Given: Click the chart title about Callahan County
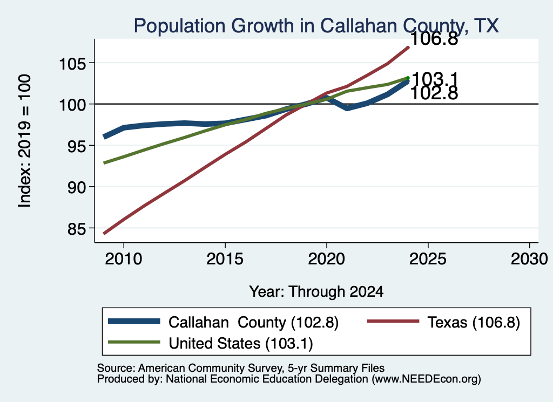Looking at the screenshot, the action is (x=316, y=26).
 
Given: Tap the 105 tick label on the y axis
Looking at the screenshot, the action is (x=72, y=64).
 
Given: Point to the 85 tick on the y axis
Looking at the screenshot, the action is (x=77, y=229).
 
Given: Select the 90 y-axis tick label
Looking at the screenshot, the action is (x=77, y=188).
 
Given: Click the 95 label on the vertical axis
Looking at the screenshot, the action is (x=77, y=147).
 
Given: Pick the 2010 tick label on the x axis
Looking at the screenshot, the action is (x=124, y=259).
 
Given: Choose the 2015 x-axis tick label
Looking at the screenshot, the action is (x=225, y=259).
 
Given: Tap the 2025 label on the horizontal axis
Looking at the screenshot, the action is (x=428, y=259).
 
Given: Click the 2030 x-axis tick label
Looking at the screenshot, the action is (x=529, y=259).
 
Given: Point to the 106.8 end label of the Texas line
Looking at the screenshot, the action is (x=435, y=38).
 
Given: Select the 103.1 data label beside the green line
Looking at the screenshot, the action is (x=435, y=79).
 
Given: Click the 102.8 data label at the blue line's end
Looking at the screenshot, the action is (x=435, y=93).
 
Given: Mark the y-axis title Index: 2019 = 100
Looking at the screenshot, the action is (x=24, y=141).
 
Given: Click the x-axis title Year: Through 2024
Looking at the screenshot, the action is (x=316, y=292).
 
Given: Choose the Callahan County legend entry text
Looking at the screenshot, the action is (x=253, y=322).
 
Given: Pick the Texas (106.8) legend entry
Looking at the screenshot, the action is (x=474, y=322).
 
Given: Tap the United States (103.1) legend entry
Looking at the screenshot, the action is (x=240, y=344).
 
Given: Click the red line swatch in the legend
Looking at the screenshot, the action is (x=393, y=321).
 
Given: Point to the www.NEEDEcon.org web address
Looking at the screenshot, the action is (x=426, y=379).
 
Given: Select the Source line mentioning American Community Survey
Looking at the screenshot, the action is (x=240, y=368).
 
